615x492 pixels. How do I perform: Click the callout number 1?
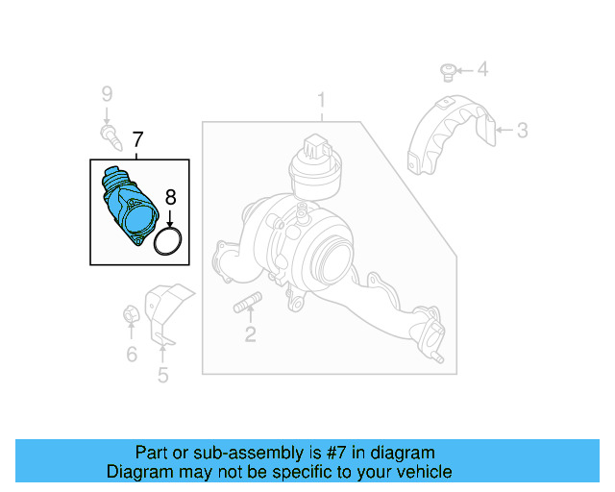tap(322, 100)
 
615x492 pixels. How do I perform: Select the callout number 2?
tap(250, 334)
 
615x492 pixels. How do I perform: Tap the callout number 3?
tap(522, 130)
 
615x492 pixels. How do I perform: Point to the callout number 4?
tap(482, 69)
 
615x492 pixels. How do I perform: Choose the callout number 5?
tap(162, 375)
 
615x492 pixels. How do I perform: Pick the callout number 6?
tap(132, 355)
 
